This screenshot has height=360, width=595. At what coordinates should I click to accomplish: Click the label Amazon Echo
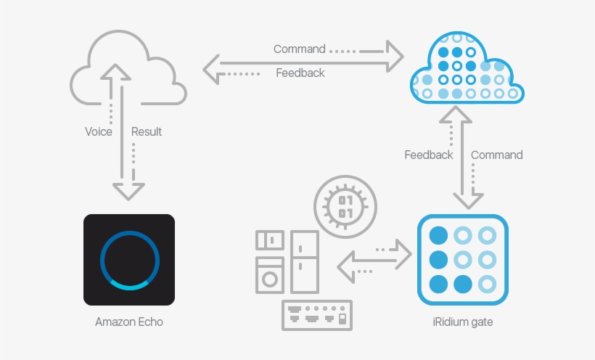(x=129, y=322)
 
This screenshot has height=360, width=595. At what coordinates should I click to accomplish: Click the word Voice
(x=99, y=132)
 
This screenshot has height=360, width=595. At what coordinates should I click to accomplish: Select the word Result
(x=146, y=132)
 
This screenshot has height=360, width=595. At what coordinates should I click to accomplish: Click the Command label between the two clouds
(x=299, y=49)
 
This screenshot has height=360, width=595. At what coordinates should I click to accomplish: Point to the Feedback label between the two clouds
(x=300, y=73)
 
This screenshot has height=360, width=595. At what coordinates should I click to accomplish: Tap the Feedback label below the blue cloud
(x=428, y=155)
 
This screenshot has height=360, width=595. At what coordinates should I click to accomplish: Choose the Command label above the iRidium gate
(x=496, y=155)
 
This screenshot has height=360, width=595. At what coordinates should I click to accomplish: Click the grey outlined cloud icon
(x=128, y=69)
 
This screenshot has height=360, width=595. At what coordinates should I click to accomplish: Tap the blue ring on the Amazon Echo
(x=129, y=260)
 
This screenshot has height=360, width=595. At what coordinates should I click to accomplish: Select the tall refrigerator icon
(x=304, y=261)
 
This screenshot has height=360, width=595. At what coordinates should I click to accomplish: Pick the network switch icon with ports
(x=317, y=316)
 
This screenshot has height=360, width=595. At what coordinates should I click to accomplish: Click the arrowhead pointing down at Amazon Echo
(x=129, y=190)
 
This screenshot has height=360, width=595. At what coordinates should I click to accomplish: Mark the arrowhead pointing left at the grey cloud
(x=213, y=70)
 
